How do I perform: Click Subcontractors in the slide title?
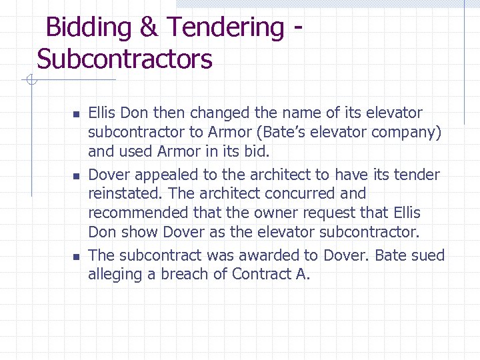pyautogui.click(x=125, y=59)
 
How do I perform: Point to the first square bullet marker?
pyautogui.click(x=76, y=114)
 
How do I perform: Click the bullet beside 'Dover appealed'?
pyautogui.click(x=76, y=176)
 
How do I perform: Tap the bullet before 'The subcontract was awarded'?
pyautogui.click(x=76, y=257)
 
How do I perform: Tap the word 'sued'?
pyautogui.click(x=429, y=255)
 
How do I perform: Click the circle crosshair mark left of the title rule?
pyautogui.click(x=30, y=81)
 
